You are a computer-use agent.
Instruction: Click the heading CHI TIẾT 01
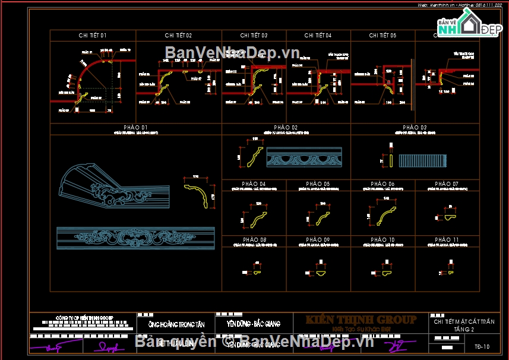pos(93,36)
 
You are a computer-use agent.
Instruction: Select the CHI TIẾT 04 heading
pos(318,36)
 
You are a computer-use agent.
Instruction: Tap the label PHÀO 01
pos(135,128)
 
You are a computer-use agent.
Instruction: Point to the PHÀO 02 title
pos(286,128)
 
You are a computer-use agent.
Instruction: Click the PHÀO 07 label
pos(447,184)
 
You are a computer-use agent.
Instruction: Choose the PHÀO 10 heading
pos(382,240)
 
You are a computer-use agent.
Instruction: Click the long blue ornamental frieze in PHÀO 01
pos(135,238)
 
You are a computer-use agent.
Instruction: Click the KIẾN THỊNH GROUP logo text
pos(361,320)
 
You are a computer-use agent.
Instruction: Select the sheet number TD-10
pos(482,346)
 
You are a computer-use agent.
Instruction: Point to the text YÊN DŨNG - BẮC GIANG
pos(253,324)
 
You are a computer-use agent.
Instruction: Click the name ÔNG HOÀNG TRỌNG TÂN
pos(178,324)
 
